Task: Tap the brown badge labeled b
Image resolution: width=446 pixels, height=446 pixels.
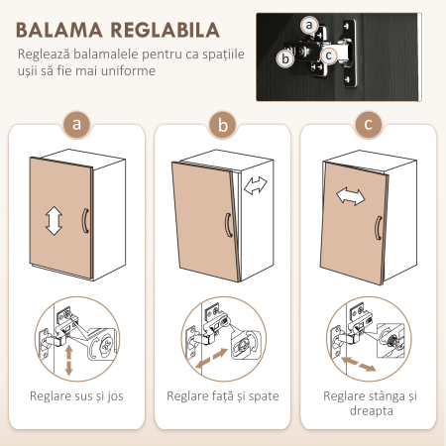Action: (x=222, y=125)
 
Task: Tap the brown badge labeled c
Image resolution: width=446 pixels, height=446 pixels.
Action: (x=369, y=125)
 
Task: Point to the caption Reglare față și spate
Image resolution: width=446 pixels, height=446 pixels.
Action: (x=222, y=396)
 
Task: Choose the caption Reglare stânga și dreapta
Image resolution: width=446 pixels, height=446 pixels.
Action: (x=369, y=404)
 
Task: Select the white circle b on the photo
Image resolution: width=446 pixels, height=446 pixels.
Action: (x=285, y=58)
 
